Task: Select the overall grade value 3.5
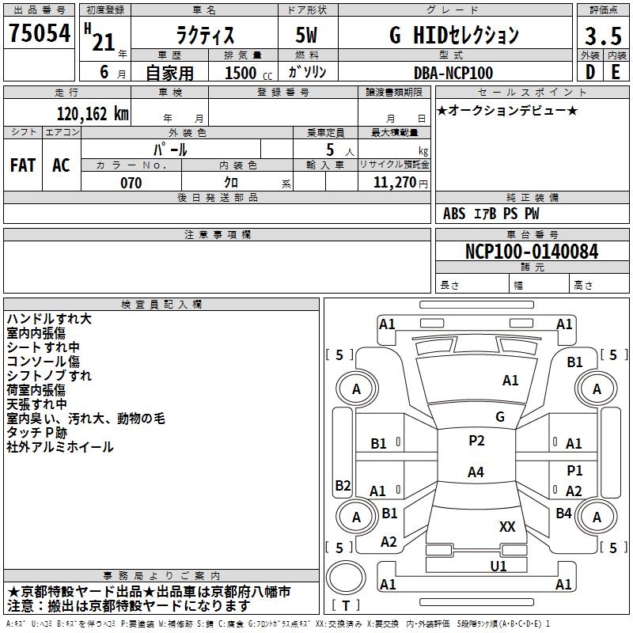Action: (602, 36)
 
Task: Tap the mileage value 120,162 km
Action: (92, 114)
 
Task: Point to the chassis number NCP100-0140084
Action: (531, 252)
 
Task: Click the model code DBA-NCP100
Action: (453, 73)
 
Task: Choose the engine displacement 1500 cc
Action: (246, 73)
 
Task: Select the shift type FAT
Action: (22, 165)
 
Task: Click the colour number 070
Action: (131, 183)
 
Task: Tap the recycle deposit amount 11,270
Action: (393, 183)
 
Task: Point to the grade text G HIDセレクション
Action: (453, 35)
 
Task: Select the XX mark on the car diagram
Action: (507, 526)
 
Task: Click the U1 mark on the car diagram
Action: (498, 566)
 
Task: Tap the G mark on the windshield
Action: (500, 416)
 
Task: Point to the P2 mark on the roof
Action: (476, 441)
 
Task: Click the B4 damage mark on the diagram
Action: (563, 513)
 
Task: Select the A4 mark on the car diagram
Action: (476, 472)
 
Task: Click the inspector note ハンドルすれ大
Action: (49, 319)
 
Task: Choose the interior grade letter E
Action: (615, 72)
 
